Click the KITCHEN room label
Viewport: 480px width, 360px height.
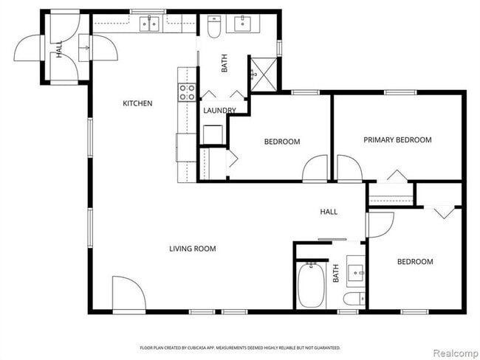[137, 103]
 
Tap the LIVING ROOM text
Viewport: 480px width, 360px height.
[193, 249]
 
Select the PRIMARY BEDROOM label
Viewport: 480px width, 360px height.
[397, 139]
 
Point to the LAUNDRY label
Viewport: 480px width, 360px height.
[219, 111]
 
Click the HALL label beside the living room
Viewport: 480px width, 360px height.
[329, 212]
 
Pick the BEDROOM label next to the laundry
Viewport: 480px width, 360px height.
[282, 142]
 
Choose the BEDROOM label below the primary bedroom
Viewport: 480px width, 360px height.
[414, 262]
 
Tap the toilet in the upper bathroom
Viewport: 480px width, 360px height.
[214, 28]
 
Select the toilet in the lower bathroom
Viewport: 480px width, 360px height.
[354, 299]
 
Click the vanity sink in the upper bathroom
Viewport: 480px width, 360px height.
[244, 26]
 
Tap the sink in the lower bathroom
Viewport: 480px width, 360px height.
[357, 272]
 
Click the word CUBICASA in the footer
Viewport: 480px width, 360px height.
[218, 347]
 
